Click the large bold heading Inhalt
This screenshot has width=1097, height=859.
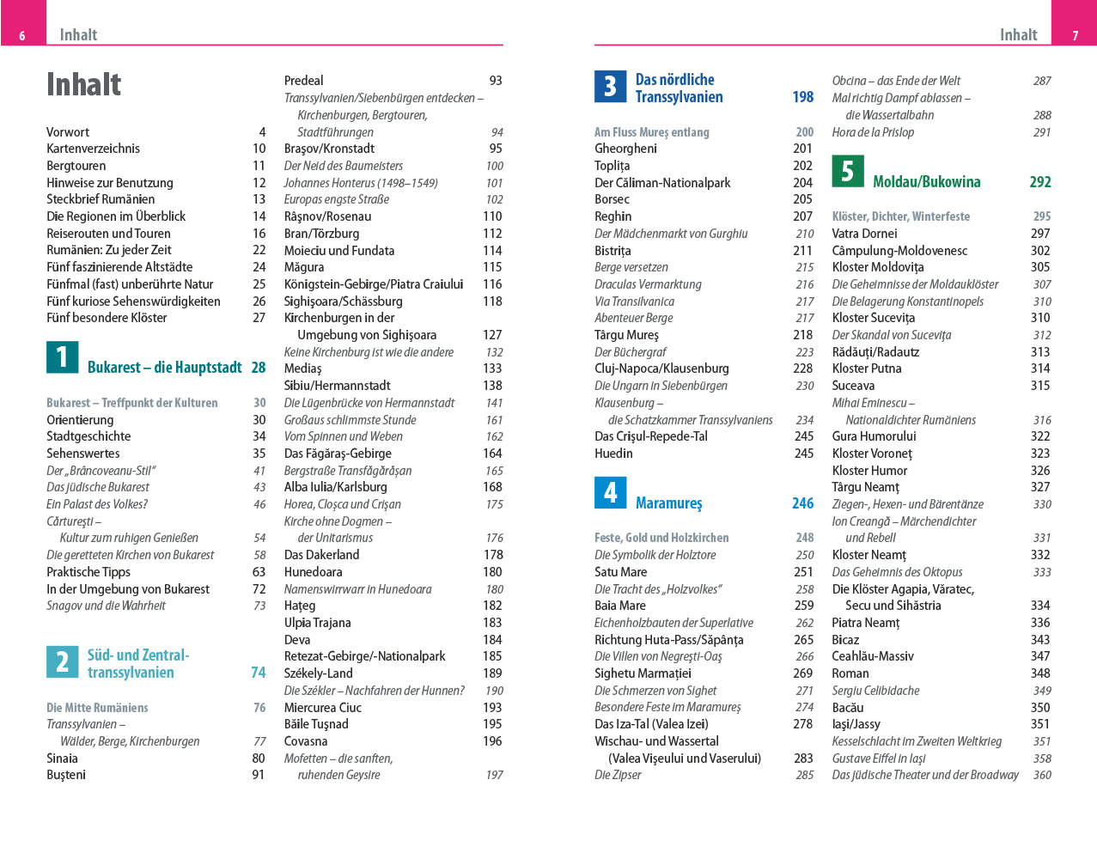click(x=83, y=85)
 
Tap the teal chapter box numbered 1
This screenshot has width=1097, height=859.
click(x=62, y=357)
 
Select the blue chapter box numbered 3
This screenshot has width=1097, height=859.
click(x=610, y=86)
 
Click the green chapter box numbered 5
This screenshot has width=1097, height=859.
click(x=847, y=171)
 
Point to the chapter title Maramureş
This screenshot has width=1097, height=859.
click(x=668, y=503)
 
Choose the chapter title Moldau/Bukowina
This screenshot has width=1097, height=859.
click(x=926, y=182)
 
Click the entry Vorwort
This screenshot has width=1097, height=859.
click(x=68, y=132)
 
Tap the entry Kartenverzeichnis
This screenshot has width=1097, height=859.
click(x=93, y=149)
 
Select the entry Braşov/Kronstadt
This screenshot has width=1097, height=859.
click(x=329, y=149)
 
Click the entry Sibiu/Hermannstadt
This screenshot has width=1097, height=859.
click(x=337, y=386)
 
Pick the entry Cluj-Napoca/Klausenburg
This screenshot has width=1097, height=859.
click(x=661, y=369)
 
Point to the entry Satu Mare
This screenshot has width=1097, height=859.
click(x=620, y=572)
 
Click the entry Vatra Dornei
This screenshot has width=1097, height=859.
click(x=864, y=234)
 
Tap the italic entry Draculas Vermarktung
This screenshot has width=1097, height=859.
click(x=648, y=284)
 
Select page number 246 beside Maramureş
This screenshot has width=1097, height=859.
click(x=802, y=503)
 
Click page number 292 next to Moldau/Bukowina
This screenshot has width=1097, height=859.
click(x=1039, y=182)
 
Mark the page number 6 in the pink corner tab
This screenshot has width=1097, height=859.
click(x=22, y=36)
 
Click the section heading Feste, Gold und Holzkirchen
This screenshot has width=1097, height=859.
click(x=661, y=538)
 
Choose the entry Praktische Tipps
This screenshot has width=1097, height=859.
click(x=88, y=572)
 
